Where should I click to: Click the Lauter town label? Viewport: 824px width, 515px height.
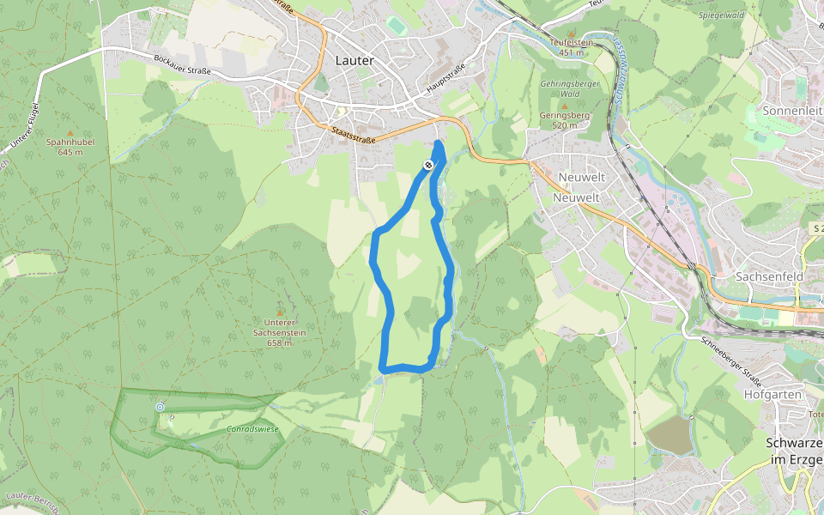pyautogui.click(x=355, y=61)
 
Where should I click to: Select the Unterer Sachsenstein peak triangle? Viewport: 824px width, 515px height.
pyautogui.click(x=279, y=312)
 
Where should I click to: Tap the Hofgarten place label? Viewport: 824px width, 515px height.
pyautogui.click(x=773, y=395)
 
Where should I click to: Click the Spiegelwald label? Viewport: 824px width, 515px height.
pyautogui.click(x=721, y=15)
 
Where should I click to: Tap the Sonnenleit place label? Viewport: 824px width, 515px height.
pyautogui.click(x=792, y=112)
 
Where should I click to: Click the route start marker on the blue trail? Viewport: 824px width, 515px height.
pyautogui.click(x=428, y=164)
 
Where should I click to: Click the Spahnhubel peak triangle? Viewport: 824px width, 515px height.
pyautogui.click(x=59, y=133)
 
